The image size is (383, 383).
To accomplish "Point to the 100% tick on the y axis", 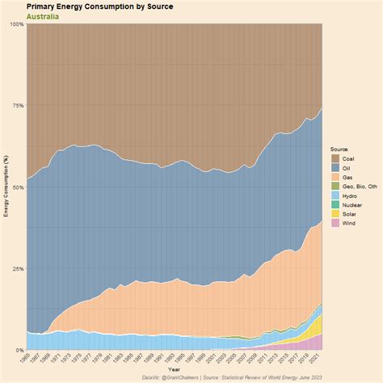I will (17, 24).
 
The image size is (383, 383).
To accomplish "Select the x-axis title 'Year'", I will (175, 369).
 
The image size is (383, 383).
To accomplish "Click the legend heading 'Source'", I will (339, 149).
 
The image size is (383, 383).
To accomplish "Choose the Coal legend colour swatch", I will (335, 158).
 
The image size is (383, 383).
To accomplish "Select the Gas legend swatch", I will (335, 177).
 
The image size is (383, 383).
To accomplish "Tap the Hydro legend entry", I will (347, 196).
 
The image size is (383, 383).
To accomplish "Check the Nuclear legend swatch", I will (335, 205).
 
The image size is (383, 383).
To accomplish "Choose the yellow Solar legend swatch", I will (335, 215).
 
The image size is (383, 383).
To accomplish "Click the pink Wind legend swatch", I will (335, 225).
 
